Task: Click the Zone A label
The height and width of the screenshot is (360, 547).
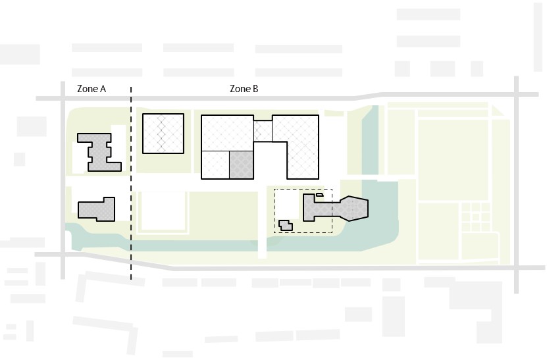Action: (x=91, y=89)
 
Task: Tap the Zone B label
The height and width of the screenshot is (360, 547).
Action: (x=244, y=89)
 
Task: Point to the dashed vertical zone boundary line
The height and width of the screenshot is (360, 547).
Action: (x=131, y=183)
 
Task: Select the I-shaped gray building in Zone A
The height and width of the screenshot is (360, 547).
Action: (x=99, y=152)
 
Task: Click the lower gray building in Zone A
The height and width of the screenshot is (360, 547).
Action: (x=97, y=209)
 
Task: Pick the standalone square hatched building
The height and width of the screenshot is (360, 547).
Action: (x=163, y=133)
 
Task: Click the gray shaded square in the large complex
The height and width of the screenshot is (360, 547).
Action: (x=242, y=165)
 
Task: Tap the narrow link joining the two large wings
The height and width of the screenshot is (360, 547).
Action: (x=263, y=131)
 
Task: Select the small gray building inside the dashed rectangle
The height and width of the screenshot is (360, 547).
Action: (x=286, y=225)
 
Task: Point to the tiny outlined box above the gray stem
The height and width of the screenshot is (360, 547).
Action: (x=319, y=195)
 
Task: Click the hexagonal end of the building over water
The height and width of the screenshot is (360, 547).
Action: (x=353, y=209)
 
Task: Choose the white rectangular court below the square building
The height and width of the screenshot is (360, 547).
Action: (x=163, y=211)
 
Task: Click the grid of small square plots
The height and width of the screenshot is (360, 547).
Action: (x=476, y=217)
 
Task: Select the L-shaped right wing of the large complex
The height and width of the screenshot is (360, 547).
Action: (x=296, y=147)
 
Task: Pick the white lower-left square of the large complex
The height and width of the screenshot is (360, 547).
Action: (x=215, y=165)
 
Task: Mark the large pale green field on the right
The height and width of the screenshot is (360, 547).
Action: (x=453, y=160)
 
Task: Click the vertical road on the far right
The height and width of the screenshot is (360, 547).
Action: (x=516, y=185)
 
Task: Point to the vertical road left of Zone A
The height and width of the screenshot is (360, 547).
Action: (x=63, y=180)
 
